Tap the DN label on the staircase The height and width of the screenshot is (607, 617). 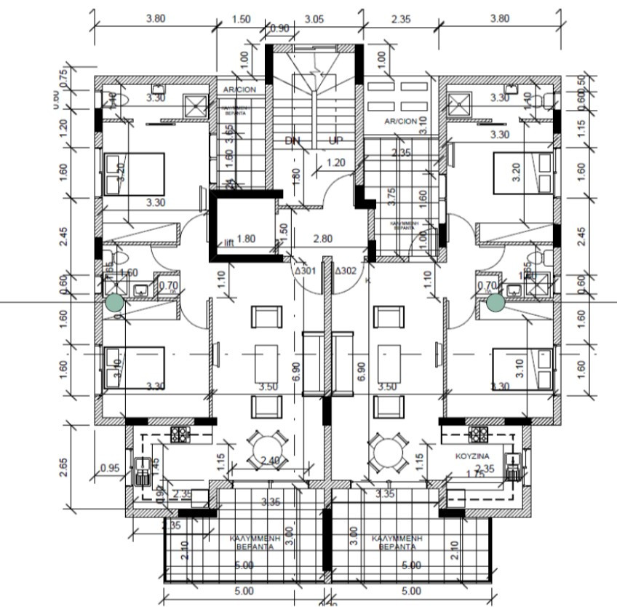pos(292,140)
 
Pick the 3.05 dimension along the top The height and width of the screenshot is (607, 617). pos(314,20)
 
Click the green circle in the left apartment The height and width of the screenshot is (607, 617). pos(114,303)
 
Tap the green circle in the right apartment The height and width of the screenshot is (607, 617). pos(495,302)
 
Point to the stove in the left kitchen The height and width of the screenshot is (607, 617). pos(180,435)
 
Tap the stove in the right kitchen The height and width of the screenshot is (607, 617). pos(478,435)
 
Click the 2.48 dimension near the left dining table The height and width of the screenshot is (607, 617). pos(270,460)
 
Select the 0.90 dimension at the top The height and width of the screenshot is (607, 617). pos(279,29)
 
